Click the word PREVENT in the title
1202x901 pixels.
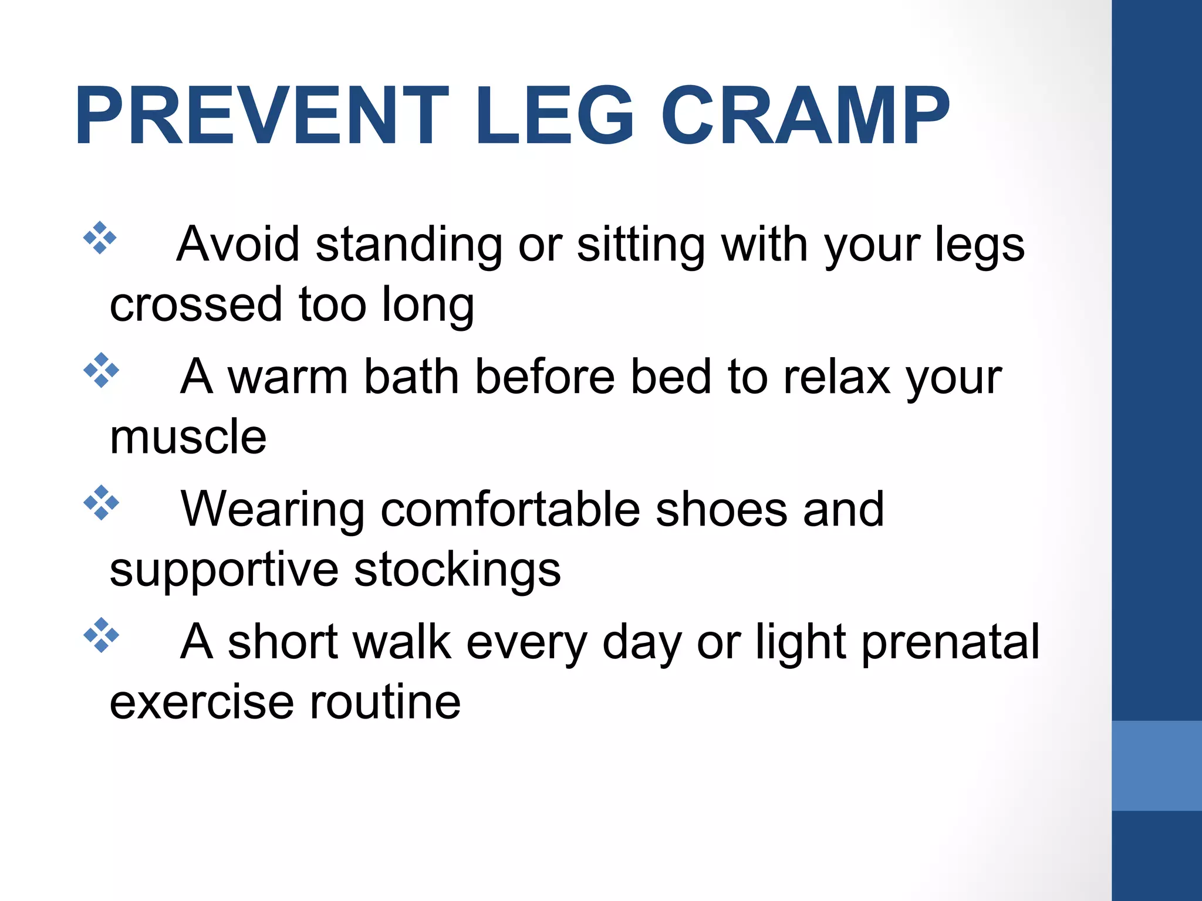[x=262, y=116]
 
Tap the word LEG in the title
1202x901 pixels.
[x=553, y=116]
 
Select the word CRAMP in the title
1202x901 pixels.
[x=805, y=116]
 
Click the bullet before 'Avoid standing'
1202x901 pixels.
[x=100, y=238]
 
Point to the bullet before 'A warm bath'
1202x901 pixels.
[x=101, y=370]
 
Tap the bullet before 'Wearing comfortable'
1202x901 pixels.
[x=101, y=503]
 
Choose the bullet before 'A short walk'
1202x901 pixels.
[x=101, y=635]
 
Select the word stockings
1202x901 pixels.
[x=457, y=571]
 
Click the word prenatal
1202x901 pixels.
[x=950, y=643]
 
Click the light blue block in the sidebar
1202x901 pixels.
[x=1156, y=765]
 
